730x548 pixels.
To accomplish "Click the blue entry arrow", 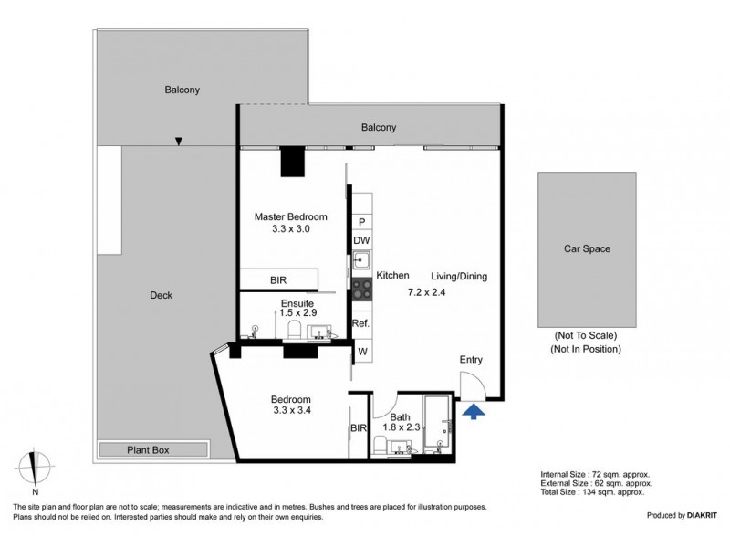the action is [474, 412].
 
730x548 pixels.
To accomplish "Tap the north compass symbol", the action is [34, 469].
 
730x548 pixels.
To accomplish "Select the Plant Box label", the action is [148, 450].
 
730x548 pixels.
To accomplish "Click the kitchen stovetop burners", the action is [361, 289].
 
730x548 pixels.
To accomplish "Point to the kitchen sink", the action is [361, 259].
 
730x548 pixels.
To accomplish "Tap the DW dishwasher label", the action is [361, 240].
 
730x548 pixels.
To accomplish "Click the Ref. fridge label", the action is [360, 323].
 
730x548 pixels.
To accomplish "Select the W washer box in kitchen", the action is [362, 352].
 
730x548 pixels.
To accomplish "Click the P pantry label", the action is [362, 222].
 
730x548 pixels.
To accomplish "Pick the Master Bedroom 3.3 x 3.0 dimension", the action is [291, 229].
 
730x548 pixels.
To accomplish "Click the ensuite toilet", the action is [295, 329].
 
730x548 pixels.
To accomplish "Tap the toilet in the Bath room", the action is [380, 445].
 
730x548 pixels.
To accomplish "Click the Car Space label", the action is [587, 248].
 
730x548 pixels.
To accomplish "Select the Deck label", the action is [162, 295].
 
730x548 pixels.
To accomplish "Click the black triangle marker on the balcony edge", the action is [178, 142].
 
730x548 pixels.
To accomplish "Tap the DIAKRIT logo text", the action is [703, 515].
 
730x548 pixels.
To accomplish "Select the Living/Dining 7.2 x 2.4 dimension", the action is [427, 292].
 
